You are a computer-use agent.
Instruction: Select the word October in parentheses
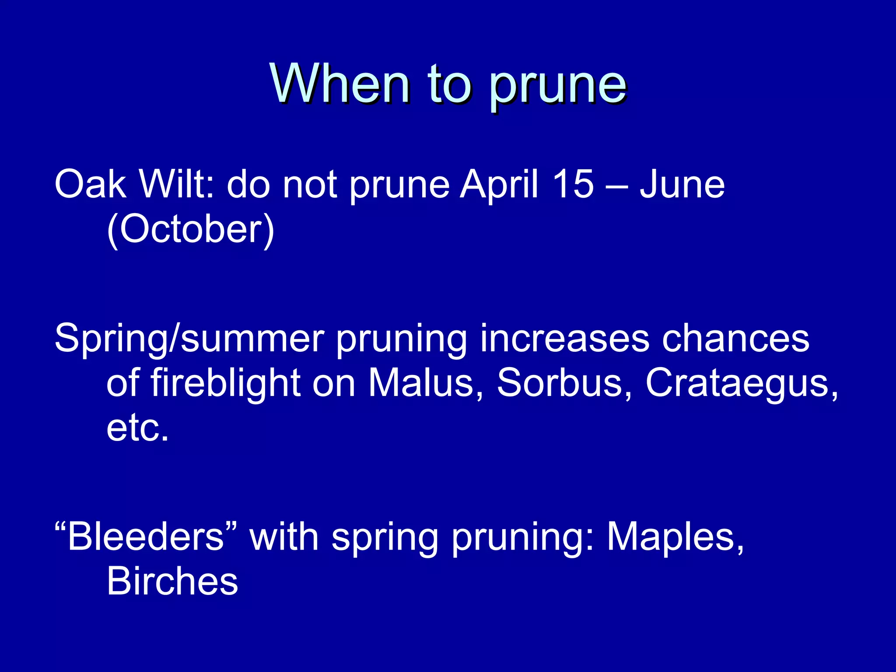190,230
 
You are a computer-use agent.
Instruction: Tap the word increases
564,339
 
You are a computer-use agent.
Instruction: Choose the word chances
735,339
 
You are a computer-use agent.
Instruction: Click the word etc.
137,429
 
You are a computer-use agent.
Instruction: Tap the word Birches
172,581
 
